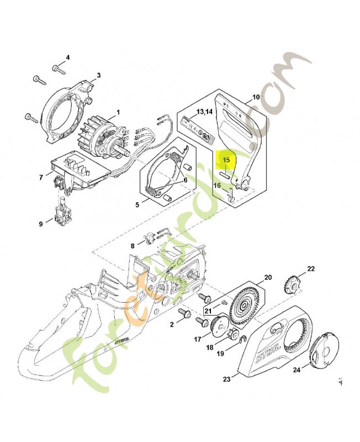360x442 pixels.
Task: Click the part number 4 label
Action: (x=68, y=57)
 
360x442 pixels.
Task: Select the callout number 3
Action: (x=98, y=75)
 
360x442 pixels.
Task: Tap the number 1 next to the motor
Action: (x=118, y=112)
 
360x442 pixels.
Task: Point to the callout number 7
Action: (x=41, y=177)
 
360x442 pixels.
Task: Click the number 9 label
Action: (x=40, y=224)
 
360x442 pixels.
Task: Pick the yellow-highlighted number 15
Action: (x=226, y=160)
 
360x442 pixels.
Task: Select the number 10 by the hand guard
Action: (x=256, y=97)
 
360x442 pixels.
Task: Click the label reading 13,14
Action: (x=204, y=112)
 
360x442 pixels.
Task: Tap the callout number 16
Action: (x=217, y=186)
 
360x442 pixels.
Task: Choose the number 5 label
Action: (x=137, y=205)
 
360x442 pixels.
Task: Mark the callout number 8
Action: (x=132, y=246)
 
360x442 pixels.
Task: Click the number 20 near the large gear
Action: (x=268, y=277)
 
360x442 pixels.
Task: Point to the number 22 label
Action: (x=311, y=269)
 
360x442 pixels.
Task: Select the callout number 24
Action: (x=297, y=370)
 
